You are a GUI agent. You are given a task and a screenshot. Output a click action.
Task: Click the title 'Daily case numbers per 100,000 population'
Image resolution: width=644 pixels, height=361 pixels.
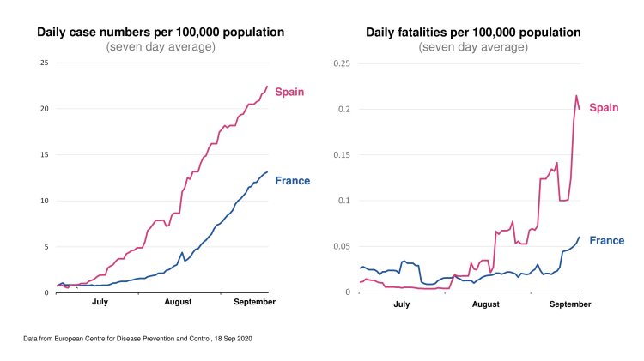[161, 33]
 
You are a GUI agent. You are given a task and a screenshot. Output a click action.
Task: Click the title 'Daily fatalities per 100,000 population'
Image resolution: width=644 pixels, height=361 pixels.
[473, 33]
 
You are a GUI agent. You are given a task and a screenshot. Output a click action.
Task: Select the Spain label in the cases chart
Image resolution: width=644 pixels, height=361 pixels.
[289, 92]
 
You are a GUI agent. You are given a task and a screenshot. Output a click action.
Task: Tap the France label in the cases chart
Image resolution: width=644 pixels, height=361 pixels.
[292, 181]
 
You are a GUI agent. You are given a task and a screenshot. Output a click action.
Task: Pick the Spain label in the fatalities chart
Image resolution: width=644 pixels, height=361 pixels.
[604, 107]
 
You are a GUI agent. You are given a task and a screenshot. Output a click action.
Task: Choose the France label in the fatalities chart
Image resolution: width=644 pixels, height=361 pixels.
[606, 241]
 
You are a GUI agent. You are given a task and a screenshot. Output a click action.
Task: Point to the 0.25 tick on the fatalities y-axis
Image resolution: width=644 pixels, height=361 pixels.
[341, 63]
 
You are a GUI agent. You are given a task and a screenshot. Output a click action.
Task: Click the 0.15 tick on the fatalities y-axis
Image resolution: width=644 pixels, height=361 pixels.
[341, 155]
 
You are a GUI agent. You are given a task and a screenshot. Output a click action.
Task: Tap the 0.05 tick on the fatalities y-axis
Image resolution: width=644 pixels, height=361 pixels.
[341, 247]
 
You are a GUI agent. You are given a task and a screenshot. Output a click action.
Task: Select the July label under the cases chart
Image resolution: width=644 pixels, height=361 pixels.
[100, 303]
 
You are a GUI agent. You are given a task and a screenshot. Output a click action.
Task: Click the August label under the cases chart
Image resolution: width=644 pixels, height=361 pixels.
[178, 303]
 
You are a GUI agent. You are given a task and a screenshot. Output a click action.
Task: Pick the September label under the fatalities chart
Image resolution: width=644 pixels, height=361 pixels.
[570, 304]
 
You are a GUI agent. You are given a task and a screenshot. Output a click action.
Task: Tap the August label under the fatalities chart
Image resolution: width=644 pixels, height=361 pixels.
[486, 304]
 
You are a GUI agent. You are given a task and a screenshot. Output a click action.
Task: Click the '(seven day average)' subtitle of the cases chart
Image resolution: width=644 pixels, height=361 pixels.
[161, 47]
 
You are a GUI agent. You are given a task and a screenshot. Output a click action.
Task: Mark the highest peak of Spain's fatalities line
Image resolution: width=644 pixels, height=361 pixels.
[576, 96]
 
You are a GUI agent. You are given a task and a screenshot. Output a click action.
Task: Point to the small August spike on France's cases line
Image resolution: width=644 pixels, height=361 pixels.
[182, 253]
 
